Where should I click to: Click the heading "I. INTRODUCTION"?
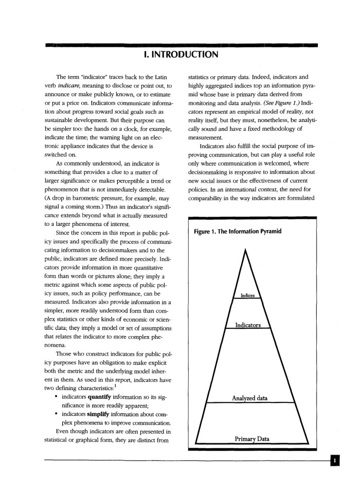tap(180, 54)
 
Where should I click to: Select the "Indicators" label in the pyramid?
tap(248, 325)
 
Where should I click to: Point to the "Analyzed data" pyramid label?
tap(250, 398)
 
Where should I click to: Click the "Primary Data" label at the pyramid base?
tap(252, 438)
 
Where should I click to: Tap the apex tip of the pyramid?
tap(246, 249)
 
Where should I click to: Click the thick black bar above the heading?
tap(180, 45)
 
